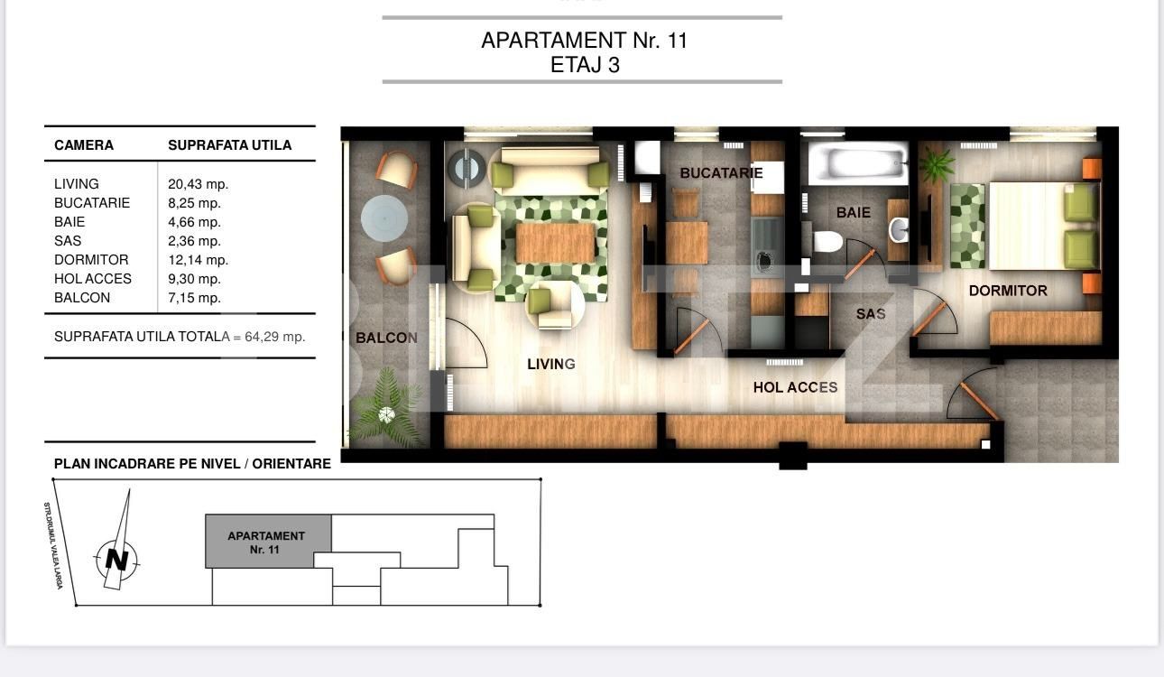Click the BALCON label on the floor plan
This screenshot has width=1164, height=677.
pyautogui.click(x=386, y=338)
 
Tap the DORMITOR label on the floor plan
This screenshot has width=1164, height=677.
pyautogui.click(x=1008, y=291)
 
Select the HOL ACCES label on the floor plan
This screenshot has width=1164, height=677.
pyautogui.click(x=795, y=387)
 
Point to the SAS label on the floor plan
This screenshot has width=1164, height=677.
pyautogui.click(x=871, y=314)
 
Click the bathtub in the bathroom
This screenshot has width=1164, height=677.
pyautogui.click(x=857, y=164)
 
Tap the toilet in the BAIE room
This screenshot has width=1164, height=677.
pyautogui.click(x=827, y=241)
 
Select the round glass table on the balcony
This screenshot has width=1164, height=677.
pyautogui.click(x=384, y=218)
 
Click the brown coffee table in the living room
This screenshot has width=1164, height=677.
pyautogui.click(x=555, y=243)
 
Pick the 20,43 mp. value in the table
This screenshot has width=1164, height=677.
pyautogui.click(x=198, y=184)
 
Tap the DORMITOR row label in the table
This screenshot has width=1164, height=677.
pyautogui.click(x=91, y=260)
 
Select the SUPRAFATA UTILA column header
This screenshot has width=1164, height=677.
pyautogui.click(x=229, y=145)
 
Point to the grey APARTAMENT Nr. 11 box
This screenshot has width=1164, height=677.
pyautogui.click(x=267, y=542)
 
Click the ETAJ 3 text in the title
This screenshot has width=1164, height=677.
pyautogui.click(x=585, y=65)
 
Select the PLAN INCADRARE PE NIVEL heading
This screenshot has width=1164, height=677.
pyautogui.click(x=192, y=464)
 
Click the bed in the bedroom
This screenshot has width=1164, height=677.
pyautogui.click(x=1042, y=226)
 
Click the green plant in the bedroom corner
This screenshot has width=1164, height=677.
pyautogui.click(x=938, y=164)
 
